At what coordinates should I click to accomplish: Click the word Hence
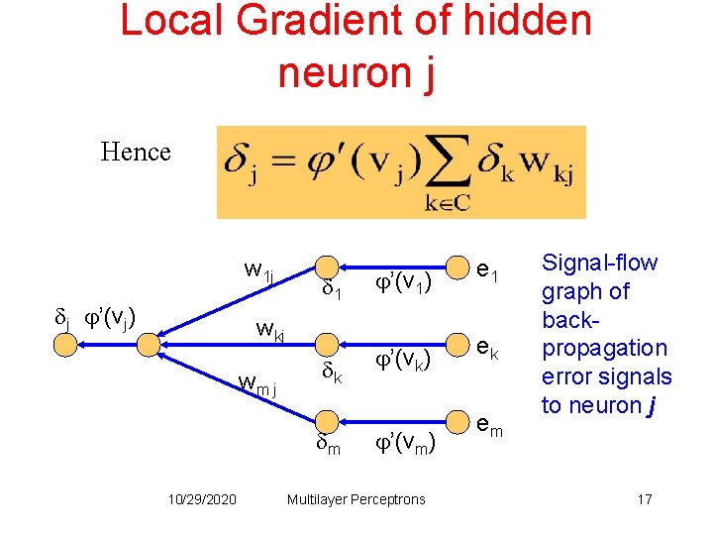coord(136,153)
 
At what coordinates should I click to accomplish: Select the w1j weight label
coord(258,270)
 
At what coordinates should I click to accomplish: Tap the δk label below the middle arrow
coord(332,374)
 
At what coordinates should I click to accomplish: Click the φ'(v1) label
coord(402,285)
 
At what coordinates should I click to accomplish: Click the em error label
coord(489,427)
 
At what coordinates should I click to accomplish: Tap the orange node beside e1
coord(457,267)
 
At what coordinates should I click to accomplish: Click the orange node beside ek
coord(457,345)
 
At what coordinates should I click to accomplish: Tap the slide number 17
coord(645,499)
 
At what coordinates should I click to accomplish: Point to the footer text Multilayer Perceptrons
coord(356,499)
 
